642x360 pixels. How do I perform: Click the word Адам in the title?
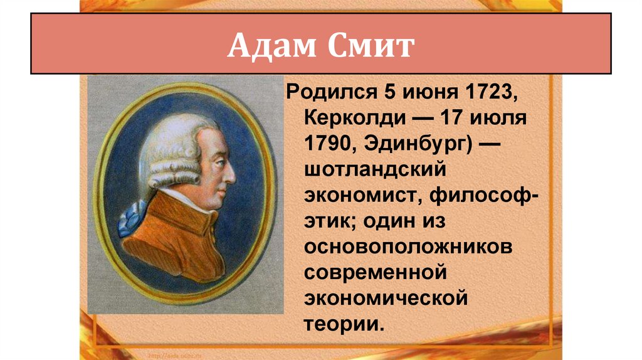(266, 47)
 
